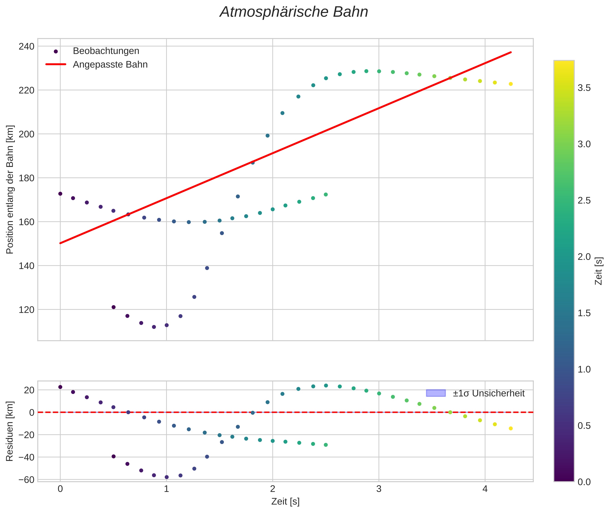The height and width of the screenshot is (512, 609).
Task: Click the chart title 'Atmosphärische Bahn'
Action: [294, 12]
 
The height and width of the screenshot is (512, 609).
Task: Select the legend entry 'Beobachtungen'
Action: [106, 51]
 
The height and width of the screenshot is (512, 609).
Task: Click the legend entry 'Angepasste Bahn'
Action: [110, 65]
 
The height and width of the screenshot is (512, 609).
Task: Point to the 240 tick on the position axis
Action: [26, 47]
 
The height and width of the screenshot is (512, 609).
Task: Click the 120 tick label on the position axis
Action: [26, 310]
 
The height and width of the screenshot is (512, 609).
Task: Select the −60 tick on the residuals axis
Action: [26, 480]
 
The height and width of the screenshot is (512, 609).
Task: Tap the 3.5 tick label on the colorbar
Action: [584, 88]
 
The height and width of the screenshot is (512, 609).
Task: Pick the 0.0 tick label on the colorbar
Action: [584, 482]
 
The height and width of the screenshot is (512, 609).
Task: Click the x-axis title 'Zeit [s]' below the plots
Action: [285, 502]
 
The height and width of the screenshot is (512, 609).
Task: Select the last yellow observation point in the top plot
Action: [511, 84]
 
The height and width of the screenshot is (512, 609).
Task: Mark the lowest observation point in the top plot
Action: [154, 327]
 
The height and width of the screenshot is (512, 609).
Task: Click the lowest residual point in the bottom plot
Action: [167, 477]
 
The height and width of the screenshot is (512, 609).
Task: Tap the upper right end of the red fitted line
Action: [511, 52]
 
